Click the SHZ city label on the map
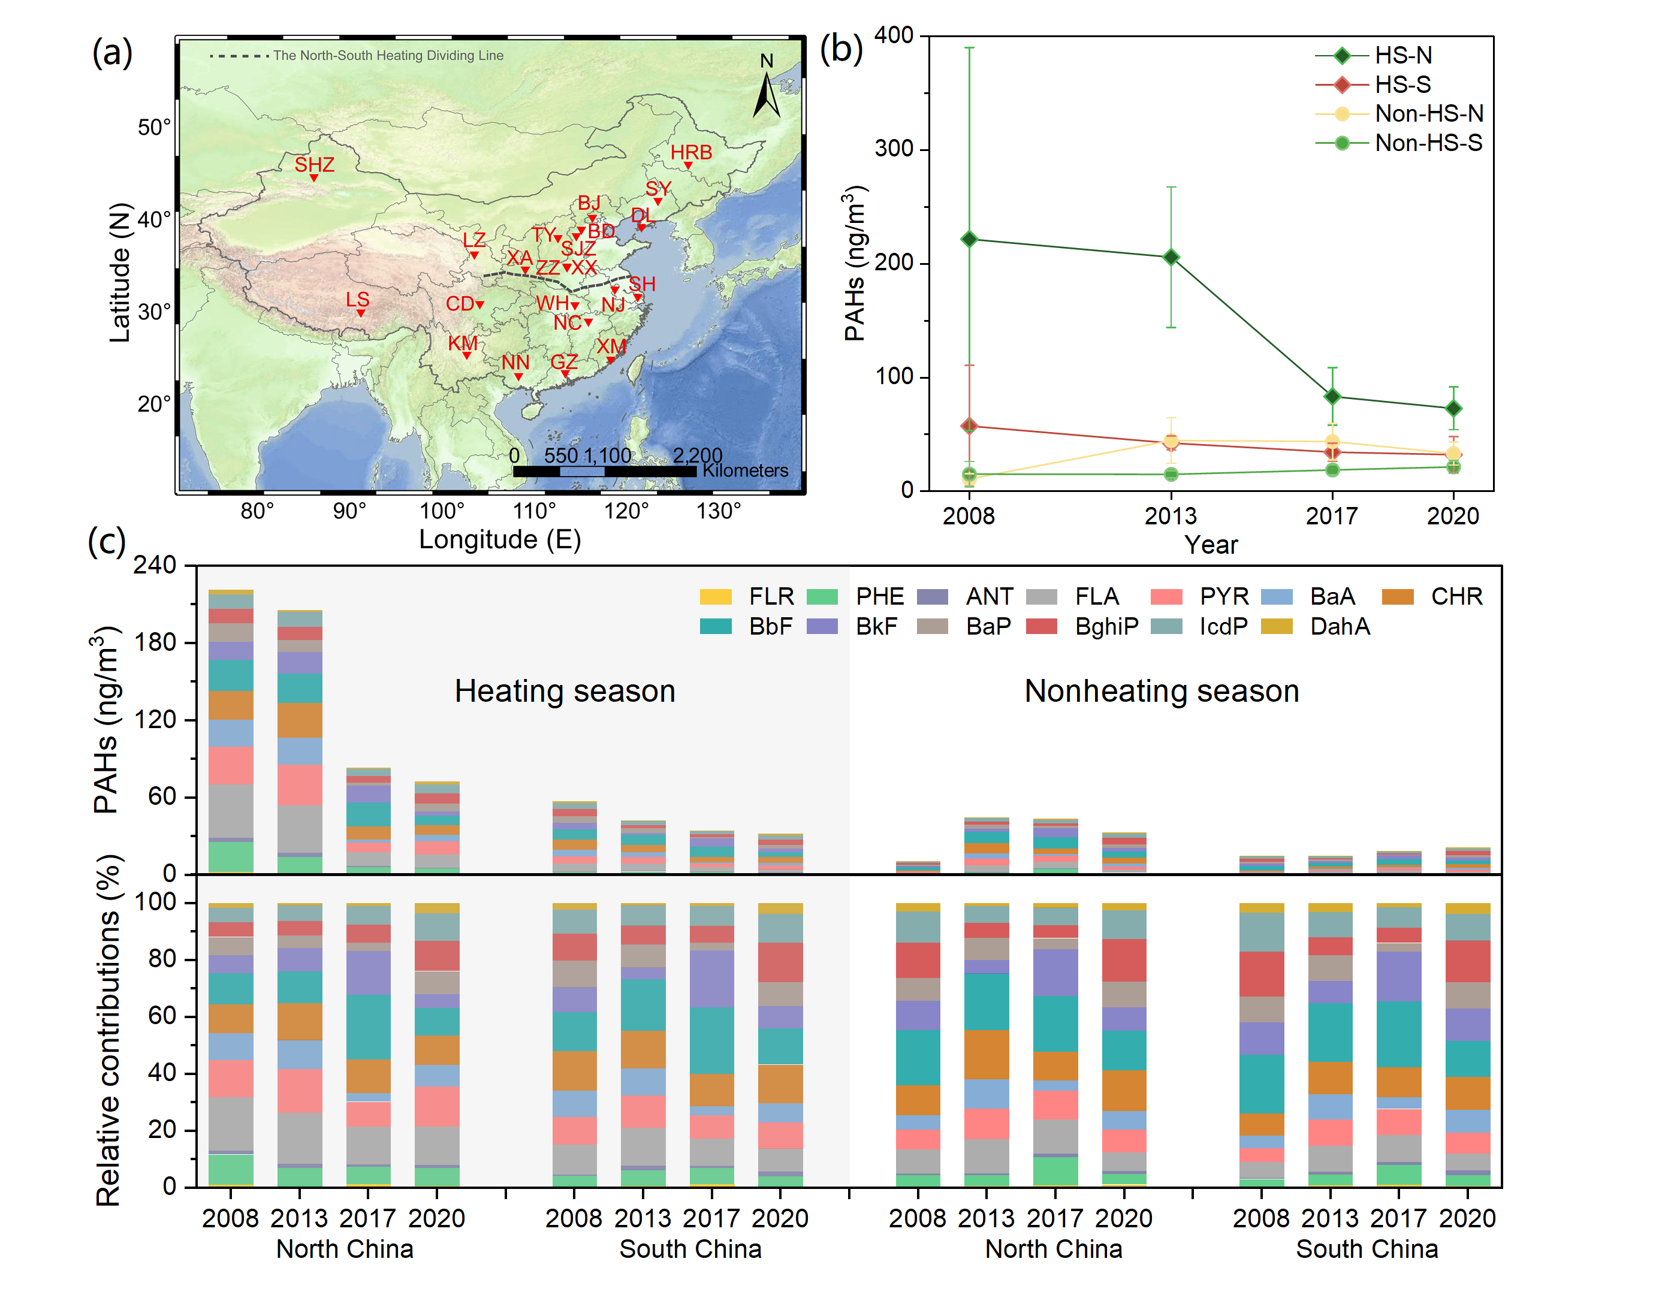tap(315, 165)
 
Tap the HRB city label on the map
tap(691, 152)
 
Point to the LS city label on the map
tap(357, 299)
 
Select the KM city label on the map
tap(462, 343)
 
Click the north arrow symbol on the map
tap(766, 92)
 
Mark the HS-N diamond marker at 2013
tap(1170, 257)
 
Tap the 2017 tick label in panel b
tap(1331, 516)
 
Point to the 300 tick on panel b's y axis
tap(894, 149)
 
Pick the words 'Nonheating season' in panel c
tap(1161, 691)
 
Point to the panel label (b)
tap(840, 49)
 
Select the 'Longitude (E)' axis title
tap(500, 539)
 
